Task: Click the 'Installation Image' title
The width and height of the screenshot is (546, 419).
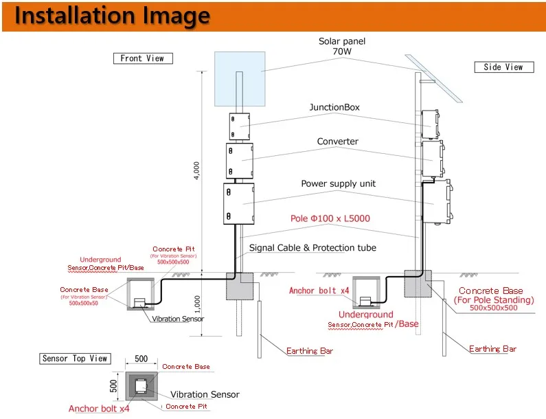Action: click(x=113, y=16)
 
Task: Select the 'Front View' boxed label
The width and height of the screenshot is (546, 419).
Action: click(x=142, y=58)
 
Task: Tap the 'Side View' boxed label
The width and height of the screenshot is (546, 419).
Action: click(x=503, y=67)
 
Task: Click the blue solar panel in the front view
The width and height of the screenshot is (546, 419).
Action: click(x=240, y=79)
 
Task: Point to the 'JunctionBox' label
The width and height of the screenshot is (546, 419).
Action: click(x=334, y=108)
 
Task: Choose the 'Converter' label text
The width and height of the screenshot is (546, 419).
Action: click(x=337, y=141)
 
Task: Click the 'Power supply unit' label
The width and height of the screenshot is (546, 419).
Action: click(x=339, y=184)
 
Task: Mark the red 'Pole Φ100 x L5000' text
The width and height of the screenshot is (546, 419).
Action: click(x=330, y=218)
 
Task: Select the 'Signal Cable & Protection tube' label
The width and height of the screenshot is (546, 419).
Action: click(x=312, y=247)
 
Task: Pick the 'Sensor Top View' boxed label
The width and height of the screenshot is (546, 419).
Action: click(x=75, y=359)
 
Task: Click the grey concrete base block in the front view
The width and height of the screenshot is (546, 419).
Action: click(x=240, y=286)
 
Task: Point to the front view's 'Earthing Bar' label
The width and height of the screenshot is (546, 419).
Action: click(x=310, y=350)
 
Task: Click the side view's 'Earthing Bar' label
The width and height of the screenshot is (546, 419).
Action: click(x=492, y=349)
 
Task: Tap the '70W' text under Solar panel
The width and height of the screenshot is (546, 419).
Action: click(x=342, y=52)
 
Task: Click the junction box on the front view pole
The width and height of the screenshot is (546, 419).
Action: click(x=239, y=126)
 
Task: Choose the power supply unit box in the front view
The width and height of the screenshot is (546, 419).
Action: click(x=239, y=203)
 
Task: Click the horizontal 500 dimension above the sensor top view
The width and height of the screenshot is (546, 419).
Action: click(x=141, y=359)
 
